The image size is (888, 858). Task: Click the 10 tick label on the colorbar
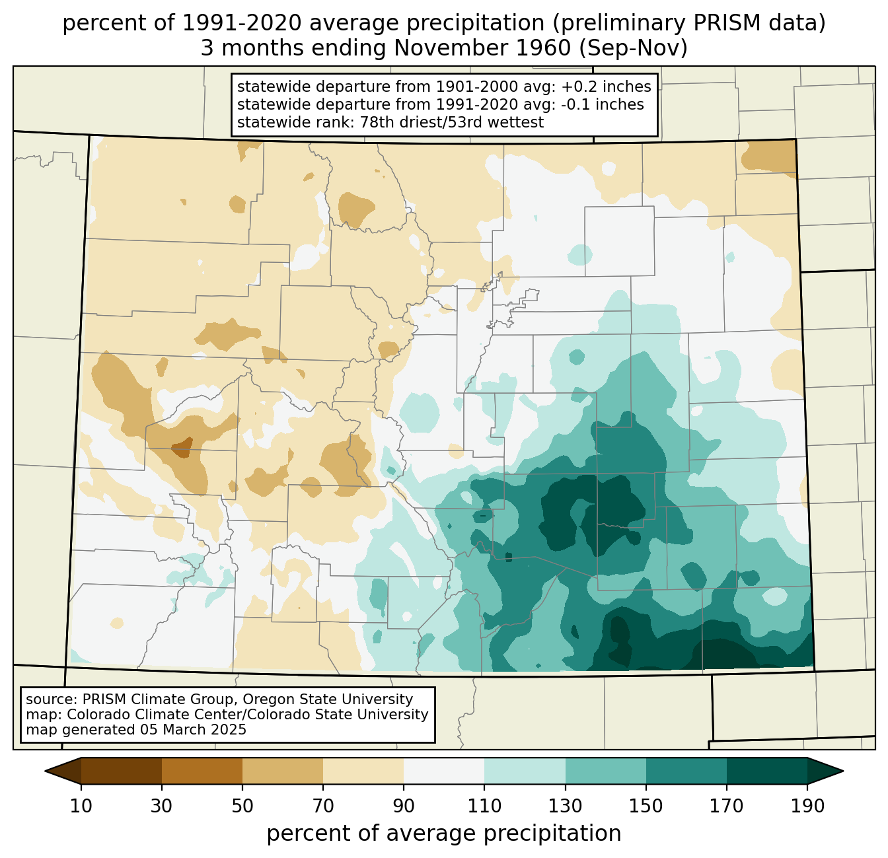(x=81, y=806)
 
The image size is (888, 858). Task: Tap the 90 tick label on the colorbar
(x=404, y=806)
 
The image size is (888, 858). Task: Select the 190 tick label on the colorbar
(x=807, y=806)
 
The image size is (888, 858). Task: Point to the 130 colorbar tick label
(x=565, y=806)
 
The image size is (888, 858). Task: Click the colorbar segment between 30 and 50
(x=202, y=771)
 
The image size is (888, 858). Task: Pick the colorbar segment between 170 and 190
(x=766, y=771)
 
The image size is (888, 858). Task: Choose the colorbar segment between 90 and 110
(x=444, y=771)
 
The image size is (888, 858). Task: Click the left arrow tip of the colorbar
(x=45, y=771)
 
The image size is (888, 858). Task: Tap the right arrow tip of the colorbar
(x=843, y=771)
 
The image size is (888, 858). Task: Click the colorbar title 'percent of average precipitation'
(x=443, y=834)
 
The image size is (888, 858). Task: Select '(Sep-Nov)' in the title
(x=633, y=48)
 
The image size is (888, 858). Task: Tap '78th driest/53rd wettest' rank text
(x=451, y=122)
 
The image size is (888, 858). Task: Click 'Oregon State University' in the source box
(x=328, y=699)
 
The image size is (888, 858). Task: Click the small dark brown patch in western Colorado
(x=182, y=447)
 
